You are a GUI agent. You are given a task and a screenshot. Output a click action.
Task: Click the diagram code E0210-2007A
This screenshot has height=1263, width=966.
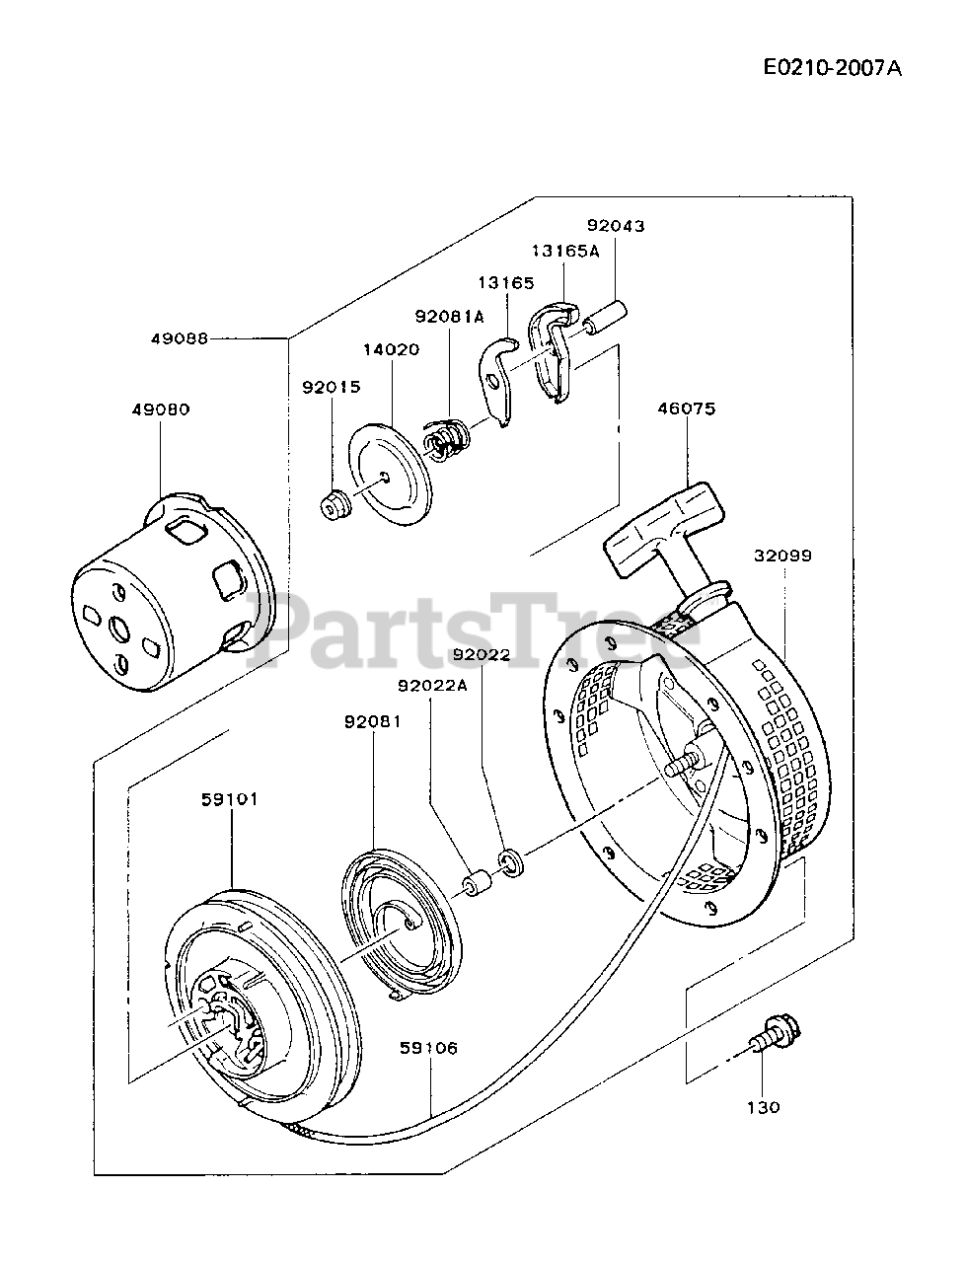pyautogui.click(x=833, y=68)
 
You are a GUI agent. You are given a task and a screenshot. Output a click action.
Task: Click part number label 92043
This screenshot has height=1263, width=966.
pyautogui.click(x=615, y=226)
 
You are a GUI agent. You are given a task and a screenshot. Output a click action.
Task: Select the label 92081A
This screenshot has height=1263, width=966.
pyautogui.click(x=450, y=316)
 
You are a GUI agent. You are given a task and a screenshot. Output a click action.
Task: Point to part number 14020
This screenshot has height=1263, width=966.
pyautogui.click(x=390, y=349)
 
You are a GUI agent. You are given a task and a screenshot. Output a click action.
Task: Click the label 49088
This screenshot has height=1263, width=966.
pyautogui.click(x=179, y=337)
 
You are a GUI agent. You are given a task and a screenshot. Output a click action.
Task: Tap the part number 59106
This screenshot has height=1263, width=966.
pyautogui.click(x=429, y=1049)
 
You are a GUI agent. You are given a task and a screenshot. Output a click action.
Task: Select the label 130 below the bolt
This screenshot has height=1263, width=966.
pyautogui.click(x=764, y=1107)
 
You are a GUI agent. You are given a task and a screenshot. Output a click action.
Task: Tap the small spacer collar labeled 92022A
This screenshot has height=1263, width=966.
pyautogui.click(x=477, y=881)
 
